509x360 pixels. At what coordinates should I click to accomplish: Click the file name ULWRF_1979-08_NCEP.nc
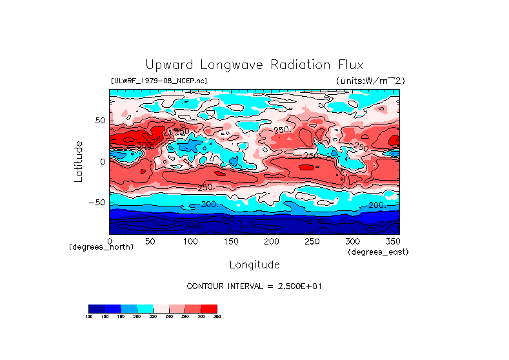tap(159, 81)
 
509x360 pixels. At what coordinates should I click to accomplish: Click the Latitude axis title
tap(79, 161)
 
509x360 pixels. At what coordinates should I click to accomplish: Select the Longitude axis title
tap(254, 265)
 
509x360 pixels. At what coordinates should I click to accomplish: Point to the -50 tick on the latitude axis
tap(95, 203)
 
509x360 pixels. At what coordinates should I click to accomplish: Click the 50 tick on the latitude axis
tap(99, 121)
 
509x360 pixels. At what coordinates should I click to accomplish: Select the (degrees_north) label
tap(101, 247)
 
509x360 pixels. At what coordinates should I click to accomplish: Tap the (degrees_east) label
tap(378, 252)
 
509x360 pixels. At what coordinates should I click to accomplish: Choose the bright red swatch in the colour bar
tap(209, 308)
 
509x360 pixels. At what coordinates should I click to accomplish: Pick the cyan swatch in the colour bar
tap(145, 308)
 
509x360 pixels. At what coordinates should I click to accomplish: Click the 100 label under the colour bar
tap(90, 316)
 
